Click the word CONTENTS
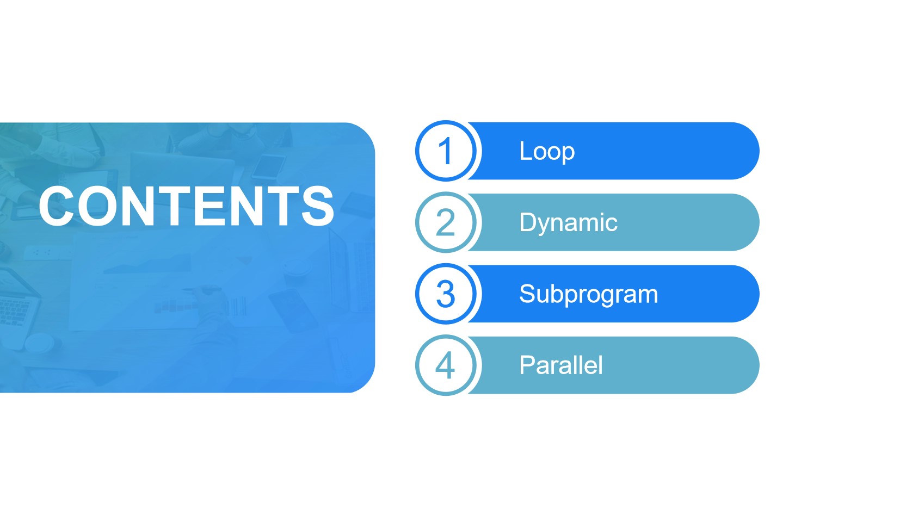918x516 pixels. [x=187, y=206]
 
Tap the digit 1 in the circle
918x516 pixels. [x=446, y=151]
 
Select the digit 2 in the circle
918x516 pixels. [x=446, y=223]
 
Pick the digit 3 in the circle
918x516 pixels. [x=446, y=294]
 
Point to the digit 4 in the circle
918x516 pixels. [x=445, y=365]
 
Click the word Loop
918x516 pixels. [x=547, y=152]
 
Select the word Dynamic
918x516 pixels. [x=569, y=223]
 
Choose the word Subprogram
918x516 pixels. [x=588, y=295]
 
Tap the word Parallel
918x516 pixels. [x=561, y=365]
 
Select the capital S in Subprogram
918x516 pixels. [x=528, y=294]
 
